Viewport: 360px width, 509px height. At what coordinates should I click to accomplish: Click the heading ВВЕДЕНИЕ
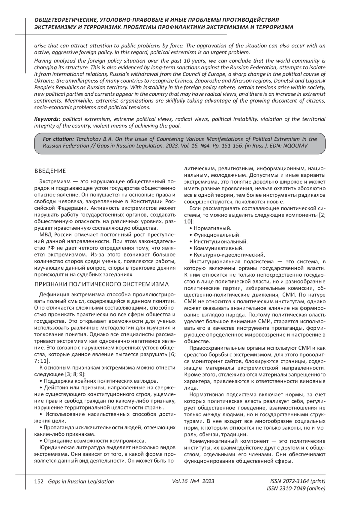50,171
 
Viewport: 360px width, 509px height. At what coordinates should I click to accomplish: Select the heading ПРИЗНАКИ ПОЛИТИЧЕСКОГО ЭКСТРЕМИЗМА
102,284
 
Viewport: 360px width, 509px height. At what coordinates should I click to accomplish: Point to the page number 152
39,481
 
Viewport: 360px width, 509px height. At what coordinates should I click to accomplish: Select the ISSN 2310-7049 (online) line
296,489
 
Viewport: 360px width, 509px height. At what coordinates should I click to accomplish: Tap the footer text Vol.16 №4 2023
193,481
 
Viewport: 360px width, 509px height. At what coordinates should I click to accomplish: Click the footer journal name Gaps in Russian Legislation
79,481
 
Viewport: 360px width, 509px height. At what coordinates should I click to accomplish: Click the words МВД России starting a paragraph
53,234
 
